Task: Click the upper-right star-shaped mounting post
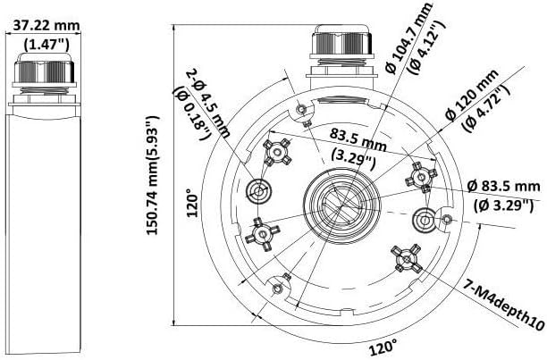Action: click(418, 174)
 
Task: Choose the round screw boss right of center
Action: click(424, 217)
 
